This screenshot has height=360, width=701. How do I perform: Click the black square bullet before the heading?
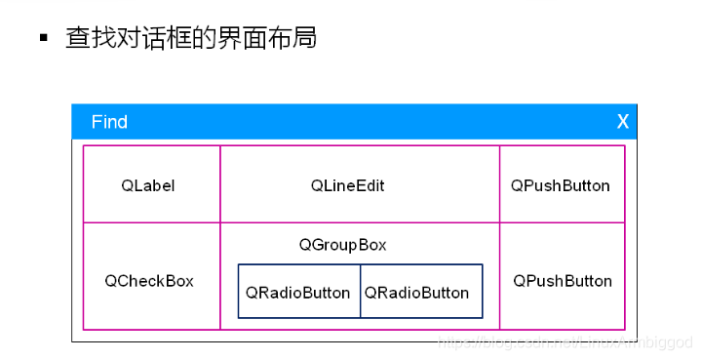(x=43, y=38)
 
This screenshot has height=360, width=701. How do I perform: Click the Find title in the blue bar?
(x=109, y=122)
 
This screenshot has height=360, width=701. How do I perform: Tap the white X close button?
(x=623, y=122)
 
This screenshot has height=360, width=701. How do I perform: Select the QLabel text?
(x=148, y=185)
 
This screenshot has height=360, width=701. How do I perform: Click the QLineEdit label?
(x=348, y=185)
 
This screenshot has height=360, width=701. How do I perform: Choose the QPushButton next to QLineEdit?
(x=561, y=185)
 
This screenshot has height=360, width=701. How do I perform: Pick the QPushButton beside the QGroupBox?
(x=563, y=281)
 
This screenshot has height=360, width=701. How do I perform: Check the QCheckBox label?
(x=149, y=281)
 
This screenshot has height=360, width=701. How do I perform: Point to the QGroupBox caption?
(x=342, y=245)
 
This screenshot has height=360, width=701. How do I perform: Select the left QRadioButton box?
(x=298, y=293)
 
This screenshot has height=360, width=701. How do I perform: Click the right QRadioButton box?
(x=417, y=293)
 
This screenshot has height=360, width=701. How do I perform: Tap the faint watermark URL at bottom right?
(x=565, y=342)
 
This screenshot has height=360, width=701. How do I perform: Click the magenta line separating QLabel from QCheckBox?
(x=151, y=222)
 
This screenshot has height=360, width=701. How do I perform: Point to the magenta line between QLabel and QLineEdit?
(x=220, y=185)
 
